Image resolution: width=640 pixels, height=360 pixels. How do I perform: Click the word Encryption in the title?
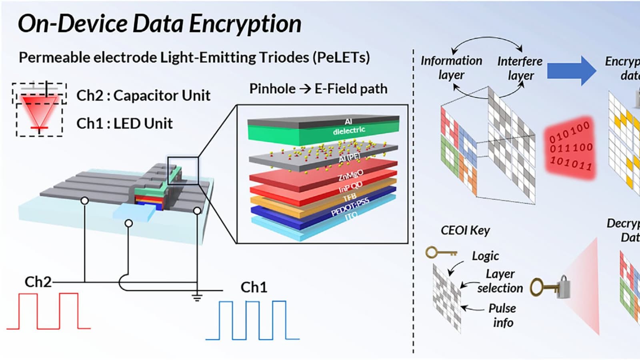(x=245, y=24)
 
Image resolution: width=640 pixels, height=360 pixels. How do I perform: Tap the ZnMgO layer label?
(x=350, y=175)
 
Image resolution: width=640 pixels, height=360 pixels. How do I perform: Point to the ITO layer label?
(x=351, y=216)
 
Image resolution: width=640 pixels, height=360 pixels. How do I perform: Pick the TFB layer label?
(x=349, y=198)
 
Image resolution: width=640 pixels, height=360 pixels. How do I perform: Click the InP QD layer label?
(x=350, y=187)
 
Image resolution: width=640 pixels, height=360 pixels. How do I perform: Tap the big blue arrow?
(x=571, y=70)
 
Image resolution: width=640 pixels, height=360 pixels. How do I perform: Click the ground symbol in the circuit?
(x=196, y=297)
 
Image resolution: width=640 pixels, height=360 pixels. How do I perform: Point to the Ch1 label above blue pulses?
(x=254, y=287)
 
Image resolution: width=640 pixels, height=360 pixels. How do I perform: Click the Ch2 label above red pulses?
(x=38, y=282)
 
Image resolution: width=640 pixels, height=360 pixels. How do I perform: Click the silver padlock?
(x=564, y=287)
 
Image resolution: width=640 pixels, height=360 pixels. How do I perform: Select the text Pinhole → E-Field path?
(x=318, y=88)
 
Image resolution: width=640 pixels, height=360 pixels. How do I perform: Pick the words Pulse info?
(x=502, y=315)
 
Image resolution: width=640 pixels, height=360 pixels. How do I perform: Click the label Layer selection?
(x=500, y=281)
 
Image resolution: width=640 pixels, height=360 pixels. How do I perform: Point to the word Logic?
(x=485, y=256)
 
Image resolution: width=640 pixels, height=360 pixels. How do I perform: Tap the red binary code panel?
(x=570, y=148)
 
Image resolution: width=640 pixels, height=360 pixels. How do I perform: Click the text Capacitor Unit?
(x=162, y=96)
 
